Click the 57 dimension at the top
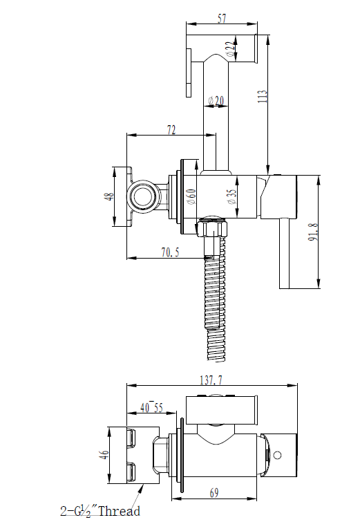click(x=222, y=19)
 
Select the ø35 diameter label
click(x=231, y=196)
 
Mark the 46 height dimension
click(x=104, y=454)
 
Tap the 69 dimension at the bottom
click(x=215, y=492)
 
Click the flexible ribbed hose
click(x=215, y=304)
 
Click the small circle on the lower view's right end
click(x=278, y=455)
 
